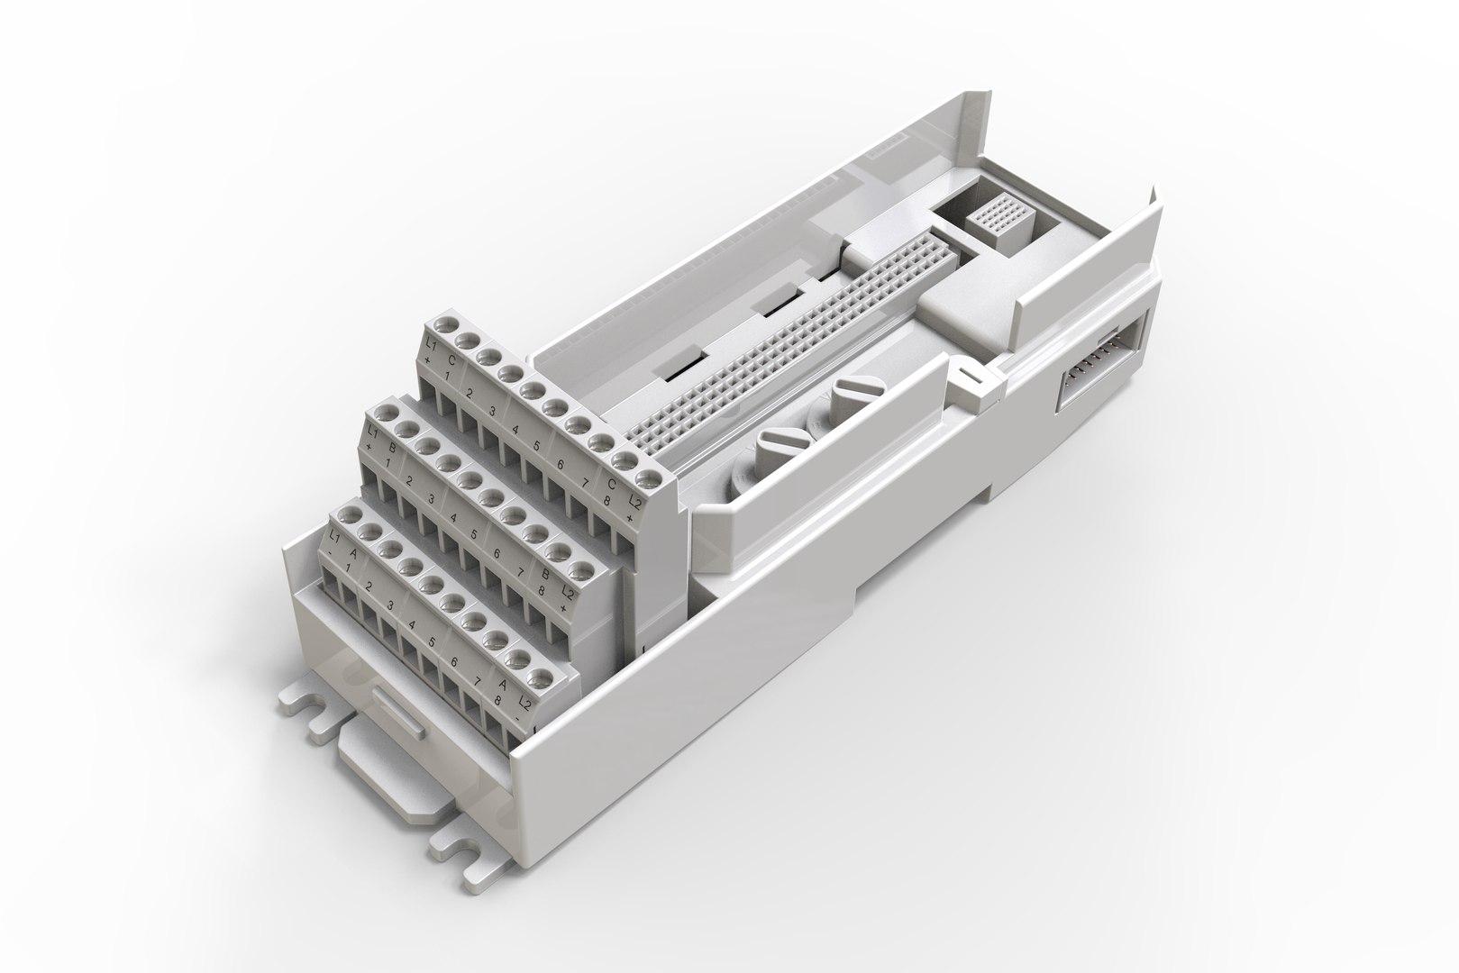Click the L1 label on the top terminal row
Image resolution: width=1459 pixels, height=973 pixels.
click(x=431, y=346)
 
